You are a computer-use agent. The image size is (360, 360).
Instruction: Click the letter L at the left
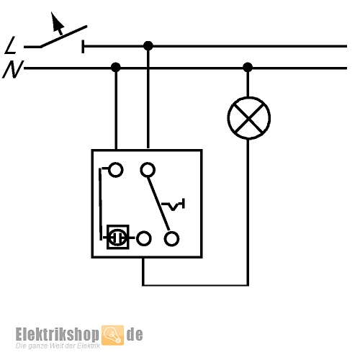[x=10, y=45]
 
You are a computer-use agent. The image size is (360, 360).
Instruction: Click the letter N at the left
[x=13, y=69]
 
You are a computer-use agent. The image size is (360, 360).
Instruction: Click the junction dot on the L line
[x=148, y=45]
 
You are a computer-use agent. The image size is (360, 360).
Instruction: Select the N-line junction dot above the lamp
[x=248, y=67]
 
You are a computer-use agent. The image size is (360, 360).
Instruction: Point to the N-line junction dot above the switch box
[x=116, y=67]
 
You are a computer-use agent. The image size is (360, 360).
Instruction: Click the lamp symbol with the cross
[x=249, y=118]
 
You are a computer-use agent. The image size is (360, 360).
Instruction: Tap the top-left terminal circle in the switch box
[x=115, y=170]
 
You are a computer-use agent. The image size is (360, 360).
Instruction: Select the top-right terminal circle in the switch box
[x=148, y=170]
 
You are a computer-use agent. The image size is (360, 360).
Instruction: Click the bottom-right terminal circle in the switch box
[x=171, y=239]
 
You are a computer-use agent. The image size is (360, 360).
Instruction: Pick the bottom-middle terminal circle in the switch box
[x=143, y=238]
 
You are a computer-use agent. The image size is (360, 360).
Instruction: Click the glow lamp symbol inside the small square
[x=117, y=237]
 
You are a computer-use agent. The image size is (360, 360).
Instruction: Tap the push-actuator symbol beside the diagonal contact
[x=173, y=204]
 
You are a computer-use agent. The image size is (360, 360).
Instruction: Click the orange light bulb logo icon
[x=112, y=335]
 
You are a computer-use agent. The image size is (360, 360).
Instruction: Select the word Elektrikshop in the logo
[x=57, y=334]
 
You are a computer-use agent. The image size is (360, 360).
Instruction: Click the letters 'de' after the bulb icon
[x=135, y=334]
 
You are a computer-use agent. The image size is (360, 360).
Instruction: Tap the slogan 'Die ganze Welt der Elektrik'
[x=58, y=346]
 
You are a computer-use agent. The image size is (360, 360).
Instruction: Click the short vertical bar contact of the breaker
[x=83, y=46]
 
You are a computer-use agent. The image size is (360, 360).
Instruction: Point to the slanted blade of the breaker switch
[x=63, y=36]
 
